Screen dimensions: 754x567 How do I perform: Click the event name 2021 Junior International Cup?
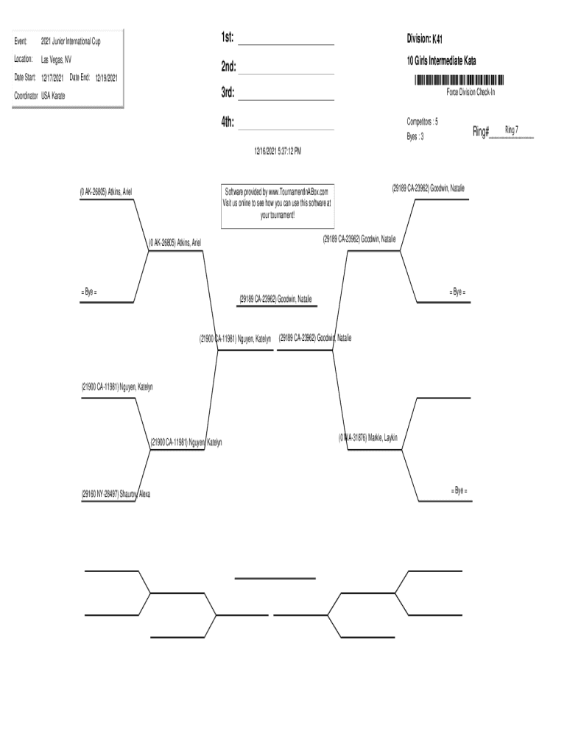pos(71,41)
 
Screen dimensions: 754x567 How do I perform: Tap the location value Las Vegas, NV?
pos(56,59)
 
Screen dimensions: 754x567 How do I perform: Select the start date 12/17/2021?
pos(52,77)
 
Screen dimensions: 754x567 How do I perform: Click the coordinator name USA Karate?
pos(53,96)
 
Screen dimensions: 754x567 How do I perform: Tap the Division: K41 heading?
pos(425,38)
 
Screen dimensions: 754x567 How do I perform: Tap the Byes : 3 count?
pos(415,136)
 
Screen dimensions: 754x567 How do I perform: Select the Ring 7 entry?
pos(511,130)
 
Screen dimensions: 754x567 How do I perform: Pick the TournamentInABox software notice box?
pos(278,203)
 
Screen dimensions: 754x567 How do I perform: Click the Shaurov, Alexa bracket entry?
pos(116,493)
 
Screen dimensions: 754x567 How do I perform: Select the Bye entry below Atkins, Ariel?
pos(89,292)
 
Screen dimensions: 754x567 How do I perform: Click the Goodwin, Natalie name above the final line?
pos(275,299)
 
